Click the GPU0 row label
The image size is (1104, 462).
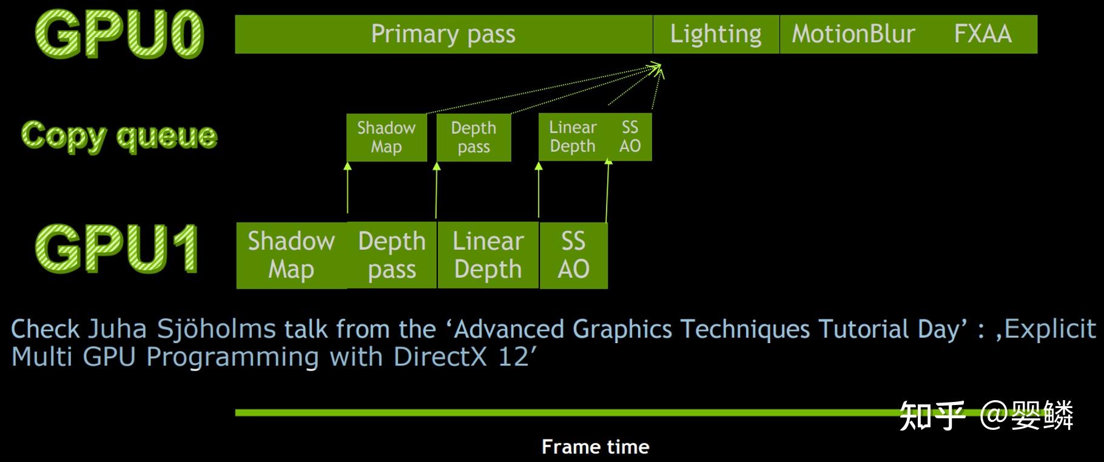click(x=119, y=34)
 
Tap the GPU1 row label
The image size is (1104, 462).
click(x=117, y=249)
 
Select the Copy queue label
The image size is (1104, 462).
click(x=119, y=135)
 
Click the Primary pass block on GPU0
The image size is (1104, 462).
click(x=443, y=34)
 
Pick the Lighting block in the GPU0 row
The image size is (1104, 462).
click(x=716, y=34)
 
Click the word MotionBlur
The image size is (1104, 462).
click(x=853, y=34)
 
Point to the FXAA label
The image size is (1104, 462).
click(x=983, y=34)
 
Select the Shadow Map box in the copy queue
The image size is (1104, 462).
click(x=386, y=138)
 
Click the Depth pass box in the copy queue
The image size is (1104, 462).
click(x=473, y=138)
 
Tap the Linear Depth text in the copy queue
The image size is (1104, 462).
click(x=573, y=137)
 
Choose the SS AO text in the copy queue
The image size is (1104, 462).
click(x=630, y=137)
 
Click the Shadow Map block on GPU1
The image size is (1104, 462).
click(x=291, y=255)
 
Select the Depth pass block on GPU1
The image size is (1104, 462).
click(x=392, y=255)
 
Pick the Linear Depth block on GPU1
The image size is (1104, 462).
click(x=488, y=255)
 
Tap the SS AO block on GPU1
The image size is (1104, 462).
click(x=573, y=255)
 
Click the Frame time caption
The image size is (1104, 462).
click(x=595, y=447)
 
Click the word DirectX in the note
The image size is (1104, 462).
click(x=440, y=357)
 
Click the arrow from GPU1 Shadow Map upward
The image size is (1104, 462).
click(x=348, y=188)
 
